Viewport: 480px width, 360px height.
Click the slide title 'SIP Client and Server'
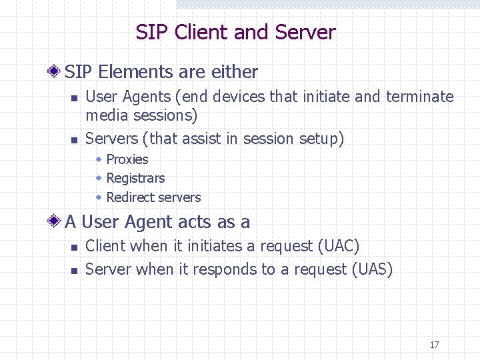235,32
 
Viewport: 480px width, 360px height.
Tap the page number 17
434,345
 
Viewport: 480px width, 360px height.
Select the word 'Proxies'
127,159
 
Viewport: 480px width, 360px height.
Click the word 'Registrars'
135,178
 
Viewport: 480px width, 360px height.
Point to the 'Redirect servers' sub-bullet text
153,197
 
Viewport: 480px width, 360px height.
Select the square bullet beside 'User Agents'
75,98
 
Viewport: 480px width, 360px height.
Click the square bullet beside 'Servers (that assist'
75,140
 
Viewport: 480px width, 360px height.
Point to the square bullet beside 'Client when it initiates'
75,247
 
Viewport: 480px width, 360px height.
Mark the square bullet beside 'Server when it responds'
75,271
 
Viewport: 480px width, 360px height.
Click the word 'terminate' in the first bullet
419,97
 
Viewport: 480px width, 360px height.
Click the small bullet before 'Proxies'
99,159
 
